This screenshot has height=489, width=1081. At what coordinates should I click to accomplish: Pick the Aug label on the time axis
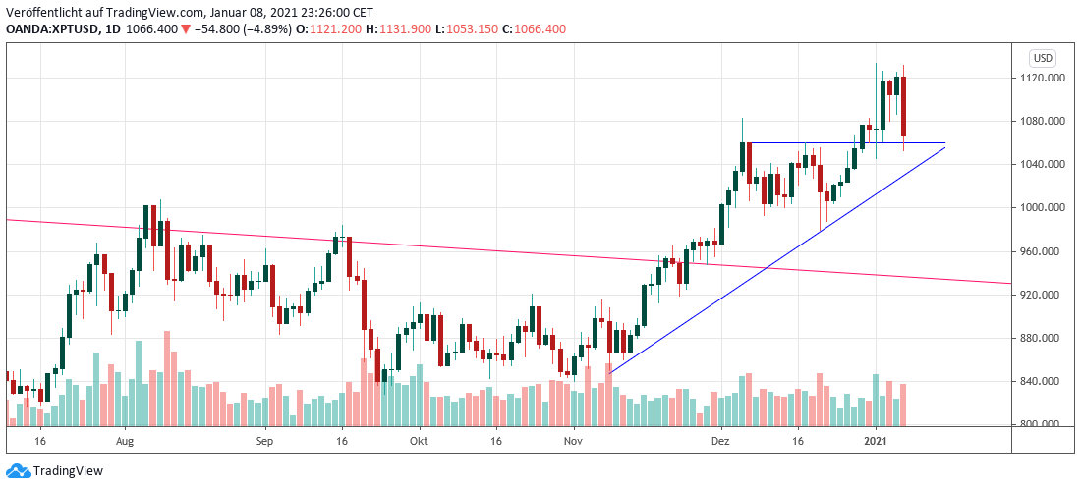click(x=124, y=443)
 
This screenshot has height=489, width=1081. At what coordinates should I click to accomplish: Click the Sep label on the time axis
click(x=265, y=443)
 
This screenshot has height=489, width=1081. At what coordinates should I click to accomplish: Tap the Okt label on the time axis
click(x=420, y=443)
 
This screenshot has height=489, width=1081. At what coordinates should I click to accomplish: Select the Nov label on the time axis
click(x=573, y=443)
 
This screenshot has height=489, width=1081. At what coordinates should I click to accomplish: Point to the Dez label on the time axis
click(x=721, y=443)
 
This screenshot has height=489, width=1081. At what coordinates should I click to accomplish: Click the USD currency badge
click(x=1042, y=57)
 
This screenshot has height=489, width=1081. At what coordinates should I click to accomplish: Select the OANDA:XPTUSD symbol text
click(x=48, y=29)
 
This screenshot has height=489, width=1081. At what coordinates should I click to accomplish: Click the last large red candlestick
click(x=903, y=106)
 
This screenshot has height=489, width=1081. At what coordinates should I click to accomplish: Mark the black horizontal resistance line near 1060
click(x=845, y=143)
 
